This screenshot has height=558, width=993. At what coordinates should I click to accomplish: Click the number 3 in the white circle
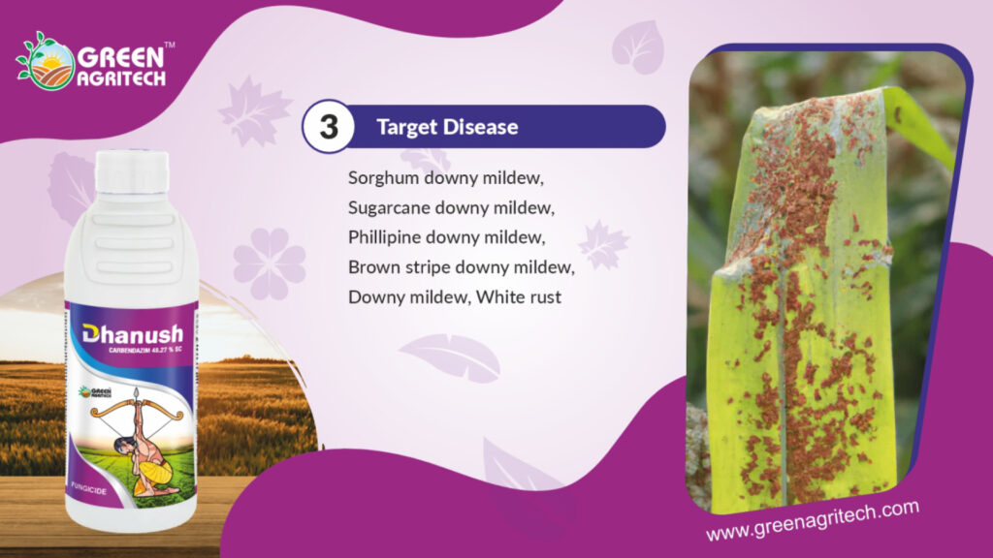(x=329, y=127)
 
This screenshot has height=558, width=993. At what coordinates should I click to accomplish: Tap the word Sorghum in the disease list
(x=384, y=179)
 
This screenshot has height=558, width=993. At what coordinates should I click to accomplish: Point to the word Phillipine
(x=384, y=238)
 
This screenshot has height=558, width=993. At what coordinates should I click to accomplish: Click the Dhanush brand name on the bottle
(x=133, y=334)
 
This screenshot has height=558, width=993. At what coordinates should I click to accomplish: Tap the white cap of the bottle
(x=132, y=170)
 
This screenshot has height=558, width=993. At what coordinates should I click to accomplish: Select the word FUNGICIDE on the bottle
(x=88, y=488)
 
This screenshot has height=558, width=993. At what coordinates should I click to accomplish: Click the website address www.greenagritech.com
(x=813, y=520)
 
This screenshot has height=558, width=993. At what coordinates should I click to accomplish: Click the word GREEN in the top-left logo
(x=121, y=58)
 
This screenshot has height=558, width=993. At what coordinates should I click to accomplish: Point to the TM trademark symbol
(x=170, y=45)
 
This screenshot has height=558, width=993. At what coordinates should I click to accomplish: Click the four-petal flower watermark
(x=270, y=263)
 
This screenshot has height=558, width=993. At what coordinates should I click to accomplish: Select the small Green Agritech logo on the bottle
(x=95, y=392)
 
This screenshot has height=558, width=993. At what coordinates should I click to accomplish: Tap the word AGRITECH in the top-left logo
(x=121, y=78)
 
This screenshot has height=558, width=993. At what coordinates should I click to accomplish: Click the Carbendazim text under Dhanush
(x=145, y=350)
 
